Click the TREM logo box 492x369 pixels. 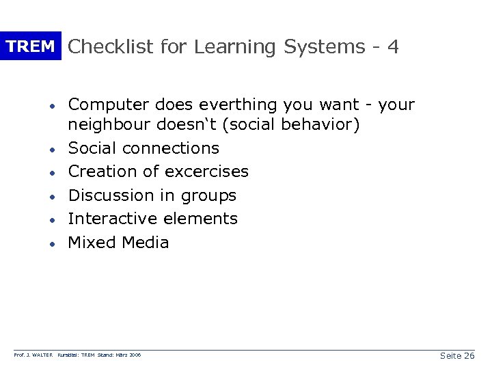point(31,46)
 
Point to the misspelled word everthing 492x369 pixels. point(230,105)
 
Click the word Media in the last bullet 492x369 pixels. point(146,243)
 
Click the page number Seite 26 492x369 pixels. point(457,356)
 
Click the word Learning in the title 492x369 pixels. point(233,46)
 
